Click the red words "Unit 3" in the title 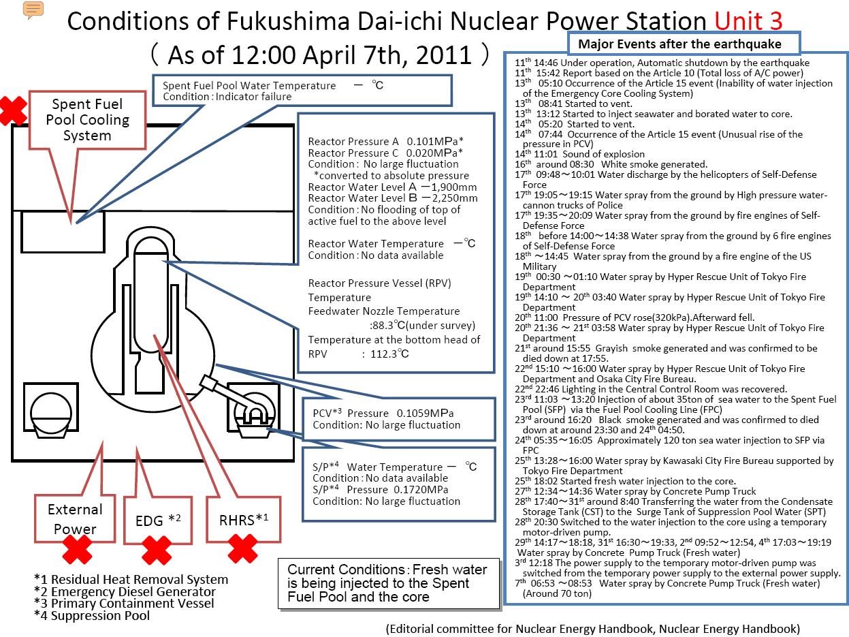748,20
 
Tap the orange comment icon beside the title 33,10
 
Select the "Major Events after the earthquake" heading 679,44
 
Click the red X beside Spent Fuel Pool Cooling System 13,111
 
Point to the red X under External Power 78,550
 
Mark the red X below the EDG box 157,550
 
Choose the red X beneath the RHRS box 242,548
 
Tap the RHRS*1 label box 244,520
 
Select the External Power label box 75,518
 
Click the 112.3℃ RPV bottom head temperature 389,354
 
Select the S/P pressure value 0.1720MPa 421,490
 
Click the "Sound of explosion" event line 579,154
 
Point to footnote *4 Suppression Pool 92,616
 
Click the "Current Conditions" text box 389,583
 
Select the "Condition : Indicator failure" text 227,97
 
